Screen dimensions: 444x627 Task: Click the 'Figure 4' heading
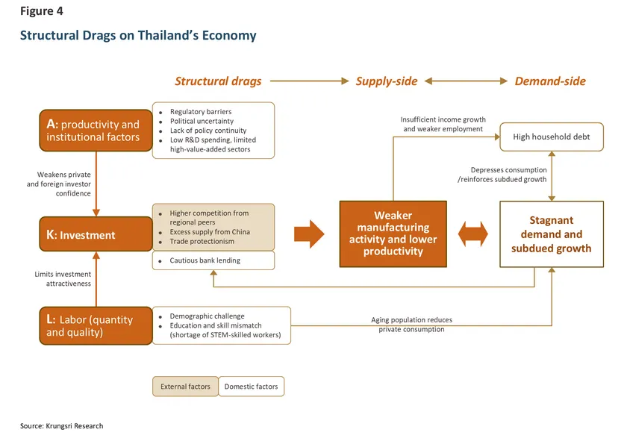pyautogui.click(x=42, y=12)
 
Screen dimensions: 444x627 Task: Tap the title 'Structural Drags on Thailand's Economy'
pyautogui.click(x=138, y=36)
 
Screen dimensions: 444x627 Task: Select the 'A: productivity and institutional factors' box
pyautogui.click(x=96, y=131)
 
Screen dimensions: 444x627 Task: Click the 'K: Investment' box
pyautogui.click(x=96, y=235)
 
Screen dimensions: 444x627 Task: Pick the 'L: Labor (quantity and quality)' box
pyautogui.click(x=96, y=325)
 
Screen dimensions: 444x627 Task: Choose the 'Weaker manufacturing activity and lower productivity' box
pyautogui.click(x=393, y=234)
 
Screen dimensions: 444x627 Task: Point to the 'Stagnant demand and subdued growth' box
pyautogui.click(x=551, y=234)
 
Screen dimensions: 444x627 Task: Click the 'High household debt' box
pyautogui.click(x=551, y=137)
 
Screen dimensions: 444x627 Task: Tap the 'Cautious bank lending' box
pyautogui.click(x=213, y=260)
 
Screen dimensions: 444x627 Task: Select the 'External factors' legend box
pyautogui.click(x=186, y=387)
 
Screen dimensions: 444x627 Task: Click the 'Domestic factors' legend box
pyautogui.click(x=252, y=387)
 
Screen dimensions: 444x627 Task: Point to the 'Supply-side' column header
pyautogui.click(x=386, y=81)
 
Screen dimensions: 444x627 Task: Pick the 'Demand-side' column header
pyautogui.click(x=550, y=81)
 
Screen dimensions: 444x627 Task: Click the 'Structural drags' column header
pyautogui.click(x=218, y=81)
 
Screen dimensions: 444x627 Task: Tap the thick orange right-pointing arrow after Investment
pyautogui.click(x=309, y=234)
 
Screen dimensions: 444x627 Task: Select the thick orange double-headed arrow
pyautogui.click(x=473, y=234)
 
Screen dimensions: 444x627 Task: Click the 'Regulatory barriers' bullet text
pyautogui.click(x=200, y=112)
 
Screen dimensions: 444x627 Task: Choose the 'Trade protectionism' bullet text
pyautogui.click(x=202, y=241)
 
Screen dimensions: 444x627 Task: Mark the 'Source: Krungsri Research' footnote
pyautogui.click(x=61, y=426)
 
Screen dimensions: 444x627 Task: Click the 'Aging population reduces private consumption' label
pyautogui.click(x=411, y=325)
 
